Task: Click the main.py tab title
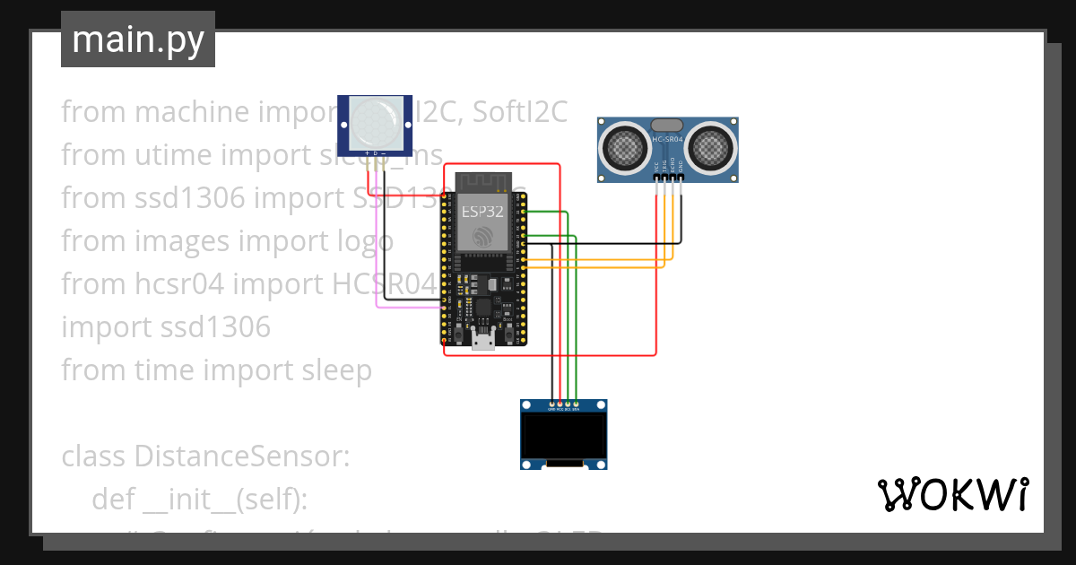click(x=137, y=39)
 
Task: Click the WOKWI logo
click(x=951, y=494)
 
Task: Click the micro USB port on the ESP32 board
click(x=484, y=337)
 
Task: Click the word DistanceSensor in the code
click(x=241, y=456)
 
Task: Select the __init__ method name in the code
click(x=192, y=499)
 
